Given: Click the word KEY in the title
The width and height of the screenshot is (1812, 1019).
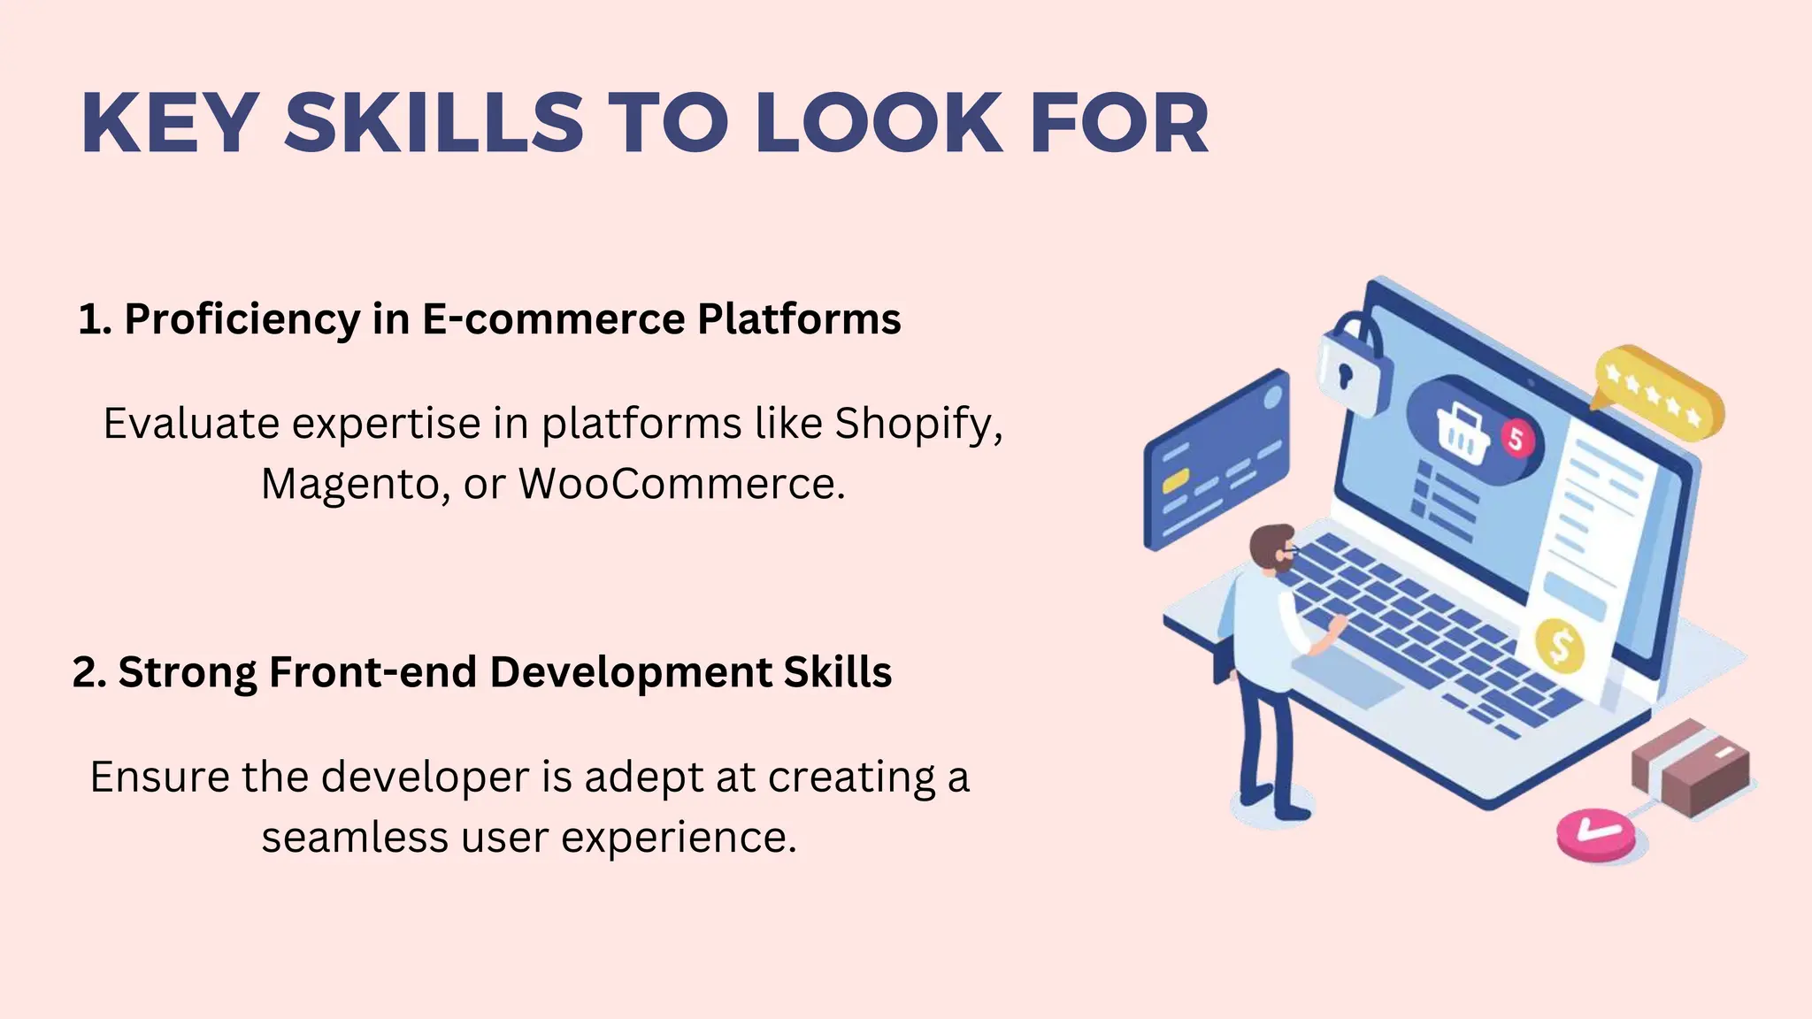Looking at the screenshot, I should click(x=170, y=124).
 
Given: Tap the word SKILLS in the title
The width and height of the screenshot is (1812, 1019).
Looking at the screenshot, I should click(x=434, y=124).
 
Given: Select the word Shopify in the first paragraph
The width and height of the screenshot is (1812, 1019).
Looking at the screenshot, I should click(x=918, y=425).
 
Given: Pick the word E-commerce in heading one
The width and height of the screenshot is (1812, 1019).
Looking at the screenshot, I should click(x=554, y=319).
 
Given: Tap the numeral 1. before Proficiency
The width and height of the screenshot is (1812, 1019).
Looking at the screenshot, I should click(x=95, y=320).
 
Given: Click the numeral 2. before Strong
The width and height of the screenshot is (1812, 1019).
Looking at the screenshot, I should click(x=89, y=673).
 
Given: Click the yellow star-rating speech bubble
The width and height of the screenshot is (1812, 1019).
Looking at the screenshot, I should click(x=1657, y=394).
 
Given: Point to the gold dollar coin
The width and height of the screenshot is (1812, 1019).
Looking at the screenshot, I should click(x=1559, y=646).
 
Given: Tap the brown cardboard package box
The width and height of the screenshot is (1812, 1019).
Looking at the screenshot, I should click(x=1691, y=766).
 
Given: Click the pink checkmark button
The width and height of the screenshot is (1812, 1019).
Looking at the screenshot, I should click(x=1595, y=833).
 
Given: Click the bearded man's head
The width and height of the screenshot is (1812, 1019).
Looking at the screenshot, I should click(x=1273, y=548).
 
